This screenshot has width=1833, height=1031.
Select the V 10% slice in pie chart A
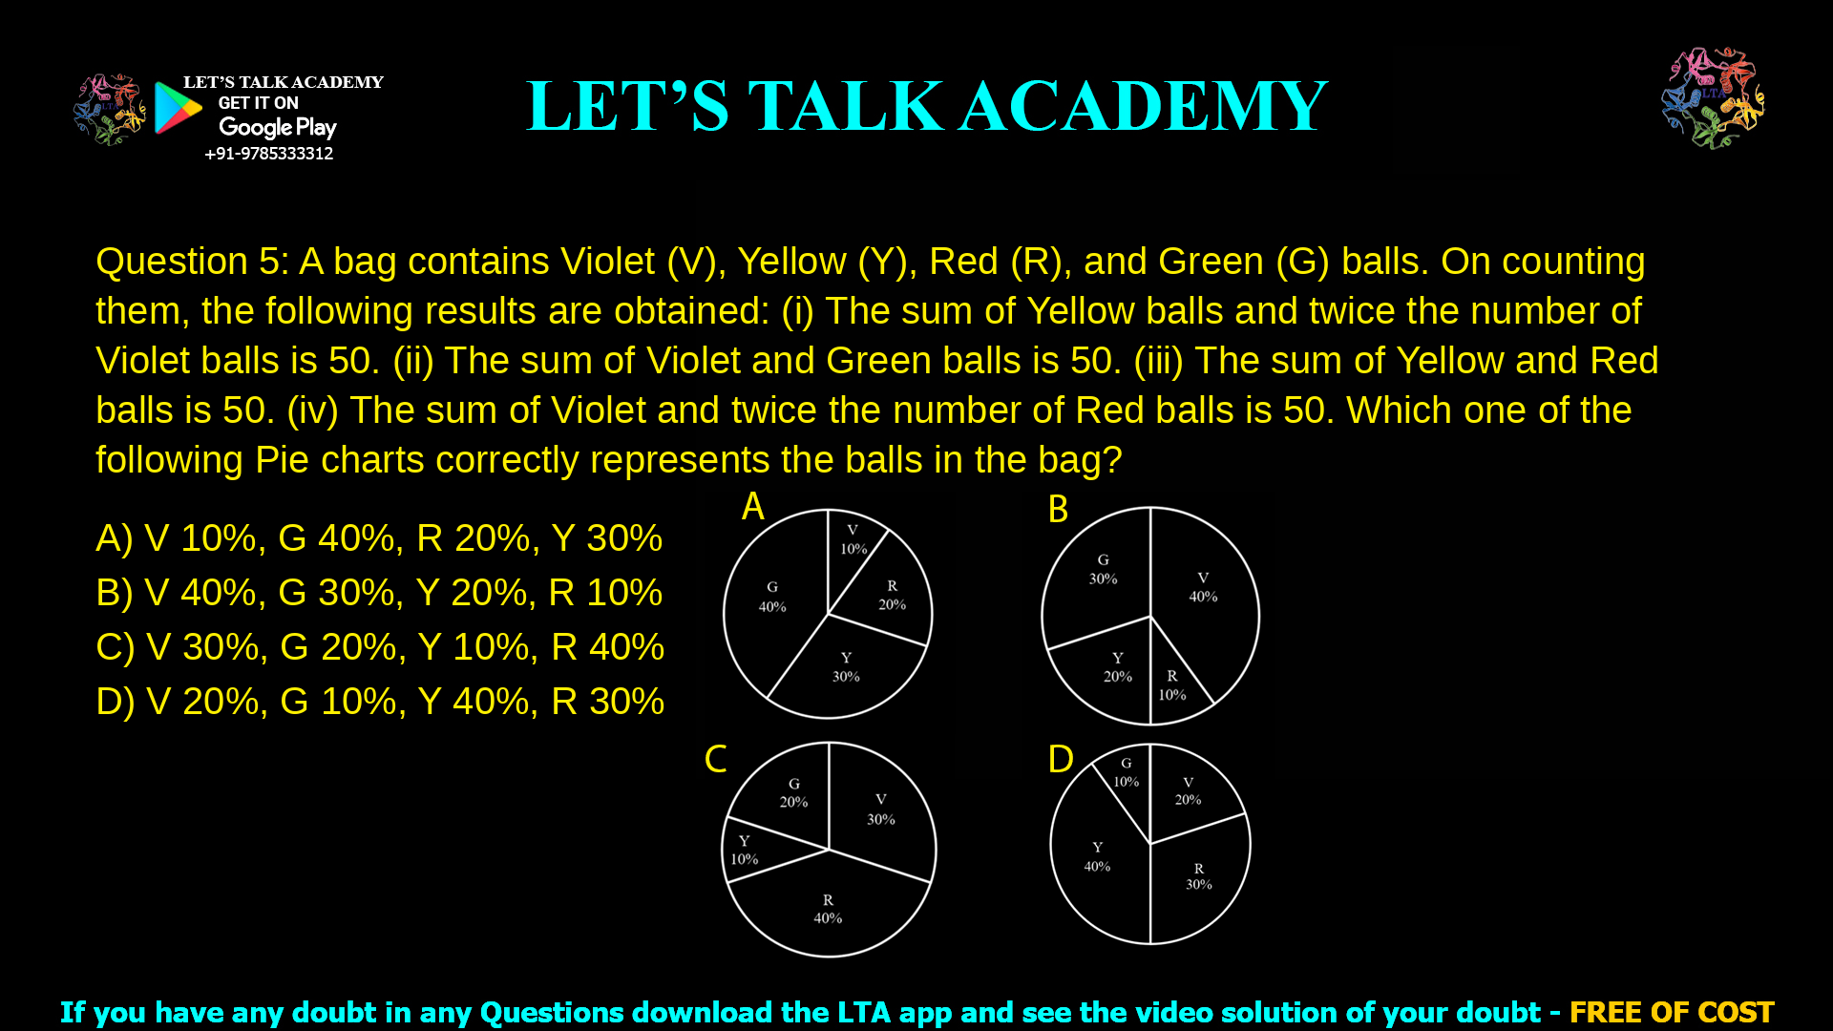pos(853,541)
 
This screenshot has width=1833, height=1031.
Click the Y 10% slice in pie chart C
pos(745,850)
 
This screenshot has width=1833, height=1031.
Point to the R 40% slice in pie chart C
pos(828,909)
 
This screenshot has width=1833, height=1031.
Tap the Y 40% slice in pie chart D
pos(1097,857)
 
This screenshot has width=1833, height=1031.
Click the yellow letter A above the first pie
pos(753,507)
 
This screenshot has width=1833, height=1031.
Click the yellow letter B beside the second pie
pos(1058,510)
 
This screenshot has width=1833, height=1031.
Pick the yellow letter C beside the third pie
pos(715,760)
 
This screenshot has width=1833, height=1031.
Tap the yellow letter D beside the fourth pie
pos(1061,760)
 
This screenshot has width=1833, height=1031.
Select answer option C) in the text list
pos(379,647)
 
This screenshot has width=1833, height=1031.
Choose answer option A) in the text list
pos(378,538)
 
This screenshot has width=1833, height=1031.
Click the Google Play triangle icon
pos(178,108)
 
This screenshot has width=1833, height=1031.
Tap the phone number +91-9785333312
pos(268,154)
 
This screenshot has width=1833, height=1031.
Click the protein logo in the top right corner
pos(1713,97)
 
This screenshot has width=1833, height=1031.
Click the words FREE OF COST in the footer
pos(1671,1012)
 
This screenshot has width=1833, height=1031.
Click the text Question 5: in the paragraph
pos(191,262)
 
